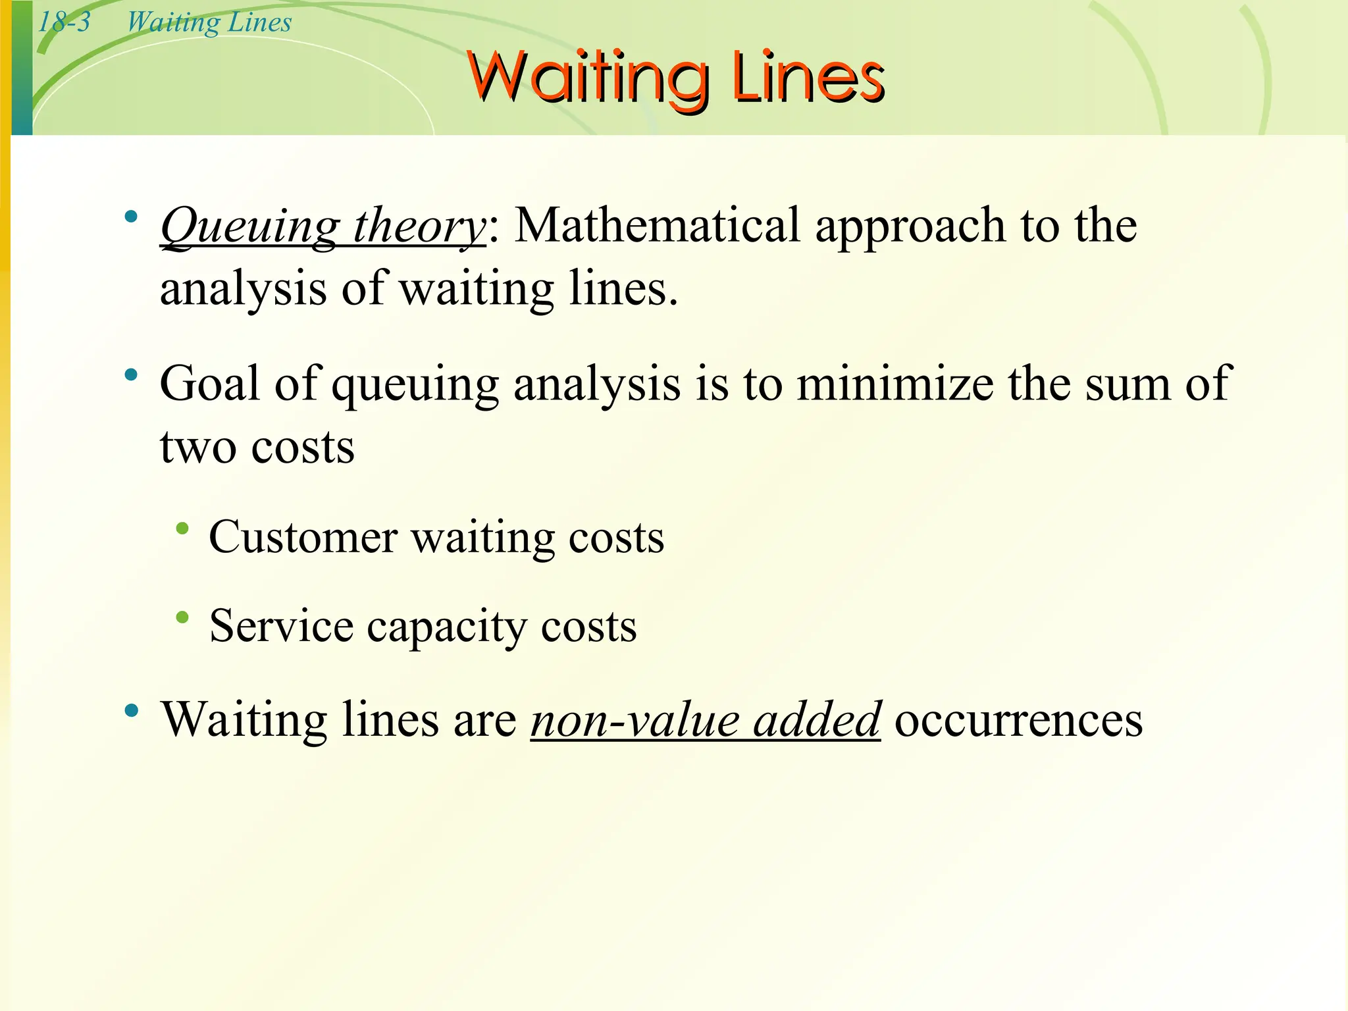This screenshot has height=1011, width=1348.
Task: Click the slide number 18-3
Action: pyautogui.click(x=64, y=22)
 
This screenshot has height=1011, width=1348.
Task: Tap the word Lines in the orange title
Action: pyautogui.click(x=808, y=77)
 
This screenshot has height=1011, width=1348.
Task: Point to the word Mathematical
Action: pyautogui.click(x=657, y=226)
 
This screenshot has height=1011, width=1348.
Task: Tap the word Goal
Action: pyautogui.click(x=209, y=383)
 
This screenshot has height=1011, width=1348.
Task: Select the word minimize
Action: pyautogui.click(x=895, y=383)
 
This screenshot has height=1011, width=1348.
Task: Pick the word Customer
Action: pyautogui.click(x=303, y=537)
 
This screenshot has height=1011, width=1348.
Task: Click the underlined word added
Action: pyautogui.click(x=816, y=720)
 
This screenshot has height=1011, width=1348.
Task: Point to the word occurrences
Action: pyautogui.click(x=1018, y=720)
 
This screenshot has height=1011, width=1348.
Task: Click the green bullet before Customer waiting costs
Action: pyautogui.click(x=182, y=529)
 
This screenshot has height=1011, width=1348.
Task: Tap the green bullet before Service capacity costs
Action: pyautogui.click(x=182, y=617)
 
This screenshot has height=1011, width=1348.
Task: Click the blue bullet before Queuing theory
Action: pyautogui.click(x=132, y=216)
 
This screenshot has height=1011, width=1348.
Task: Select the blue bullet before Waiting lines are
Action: pyautogui.click(x=132, y=710)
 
